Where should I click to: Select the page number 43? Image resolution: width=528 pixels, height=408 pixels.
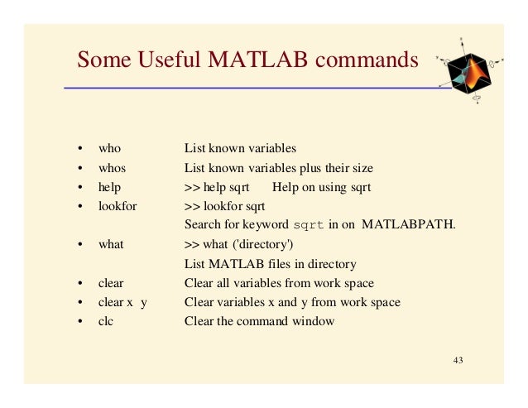point(459,361)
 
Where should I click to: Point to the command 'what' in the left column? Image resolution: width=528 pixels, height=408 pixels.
point(111,245)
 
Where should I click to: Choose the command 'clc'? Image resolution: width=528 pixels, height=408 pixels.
point(106,321)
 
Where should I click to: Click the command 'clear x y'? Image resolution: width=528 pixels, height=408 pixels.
point(122,302)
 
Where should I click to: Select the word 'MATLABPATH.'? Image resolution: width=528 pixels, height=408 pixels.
point(409,225)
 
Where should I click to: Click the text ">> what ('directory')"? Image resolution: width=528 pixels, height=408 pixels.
point(238,245)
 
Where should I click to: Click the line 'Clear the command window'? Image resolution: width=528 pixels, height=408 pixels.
point(259,321)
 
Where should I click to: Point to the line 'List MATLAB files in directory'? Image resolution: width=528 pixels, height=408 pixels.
point(270,264)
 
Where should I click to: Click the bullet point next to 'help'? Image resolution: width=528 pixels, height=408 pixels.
point(79,188)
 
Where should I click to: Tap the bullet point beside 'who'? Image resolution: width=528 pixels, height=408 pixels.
point(79,150)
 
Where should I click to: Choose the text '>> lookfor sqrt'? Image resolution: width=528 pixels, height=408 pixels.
point(224,206)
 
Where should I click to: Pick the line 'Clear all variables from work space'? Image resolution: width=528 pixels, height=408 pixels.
point(279,283)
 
